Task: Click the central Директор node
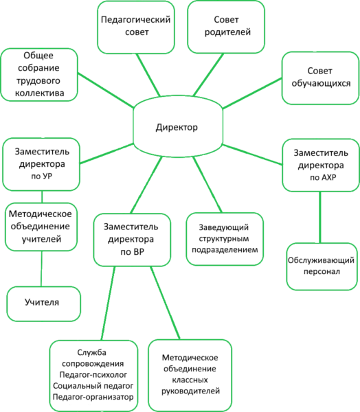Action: click(x=178, y=126)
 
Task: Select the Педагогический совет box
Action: click(x=136, y=27)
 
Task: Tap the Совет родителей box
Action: click(x=226, y=27)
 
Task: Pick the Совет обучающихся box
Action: click(x=321, y=78)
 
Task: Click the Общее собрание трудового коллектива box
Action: click(x=39, y=75)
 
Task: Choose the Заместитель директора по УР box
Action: click(x=41, y=164)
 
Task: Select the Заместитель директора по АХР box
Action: click(x=321, y=165)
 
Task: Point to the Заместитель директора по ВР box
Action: click(x=132, y=240)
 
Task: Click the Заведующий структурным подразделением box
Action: click(x=225, y=239)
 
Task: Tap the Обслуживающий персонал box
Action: click(x=322, y=266)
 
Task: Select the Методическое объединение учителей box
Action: click(x=41, y=227)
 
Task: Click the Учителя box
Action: click(x=44, y=304)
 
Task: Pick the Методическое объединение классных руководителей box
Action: click(x=190, y=375)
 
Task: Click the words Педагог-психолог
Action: click(x=93, y=374)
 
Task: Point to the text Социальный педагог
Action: click(x=93, y=386)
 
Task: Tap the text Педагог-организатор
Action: click(x=93, y=397)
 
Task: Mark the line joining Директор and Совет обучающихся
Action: click(x=252, y=93)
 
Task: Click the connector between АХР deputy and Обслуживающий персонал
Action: click(x=320, y=217)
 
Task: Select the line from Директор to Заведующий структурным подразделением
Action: click(x=207, y=185)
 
